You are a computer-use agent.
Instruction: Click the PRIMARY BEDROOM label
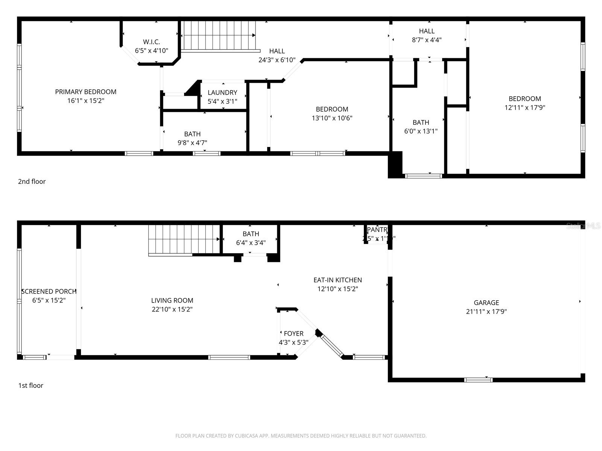[85, 92]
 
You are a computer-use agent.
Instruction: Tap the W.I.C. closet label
[151, 42]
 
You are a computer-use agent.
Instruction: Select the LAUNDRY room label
[222, 92]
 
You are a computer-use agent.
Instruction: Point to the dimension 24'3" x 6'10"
[277, 60]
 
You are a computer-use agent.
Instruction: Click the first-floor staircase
[183, 239]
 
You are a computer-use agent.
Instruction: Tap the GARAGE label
[486, 303]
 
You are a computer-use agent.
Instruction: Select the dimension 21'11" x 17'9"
[486, 312]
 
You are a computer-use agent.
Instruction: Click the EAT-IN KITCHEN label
[337, 280]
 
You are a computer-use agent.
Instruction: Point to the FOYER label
[293, 333]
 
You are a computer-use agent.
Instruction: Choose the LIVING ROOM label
[172, 300]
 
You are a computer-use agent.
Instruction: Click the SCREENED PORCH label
[49, 291]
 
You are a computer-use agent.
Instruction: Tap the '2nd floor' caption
[32, 182]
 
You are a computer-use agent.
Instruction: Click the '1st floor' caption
[31, 386]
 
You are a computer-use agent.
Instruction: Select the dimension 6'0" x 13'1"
[421, 131]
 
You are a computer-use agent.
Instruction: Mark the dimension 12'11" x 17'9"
[524, 107]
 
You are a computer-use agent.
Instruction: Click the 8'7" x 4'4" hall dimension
[427, 40]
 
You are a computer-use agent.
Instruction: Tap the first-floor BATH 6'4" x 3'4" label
[251, 234]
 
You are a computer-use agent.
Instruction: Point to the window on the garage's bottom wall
[478, 380]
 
